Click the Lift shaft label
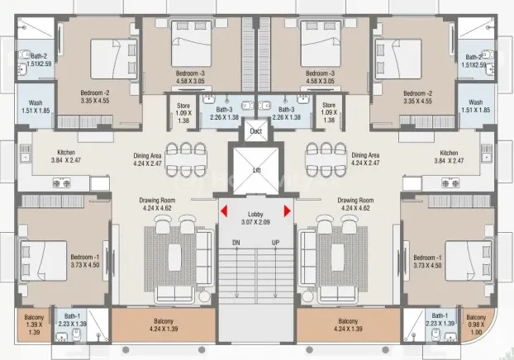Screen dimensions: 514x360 pos(257,170)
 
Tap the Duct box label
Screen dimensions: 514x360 pos(255,131)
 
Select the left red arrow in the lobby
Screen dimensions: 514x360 pos(224,211)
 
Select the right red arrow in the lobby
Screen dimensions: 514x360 pos(287,211)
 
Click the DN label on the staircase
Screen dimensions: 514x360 pos(236,243)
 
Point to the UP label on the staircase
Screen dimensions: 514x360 pos(275,243)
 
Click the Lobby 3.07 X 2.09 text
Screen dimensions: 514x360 pos(255,218)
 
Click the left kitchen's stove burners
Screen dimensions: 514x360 pos(62,182)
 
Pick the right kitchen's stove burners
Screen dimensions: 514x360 pos(450,182)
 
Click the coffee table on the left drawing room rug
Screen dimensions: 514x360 pos(174,257)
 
